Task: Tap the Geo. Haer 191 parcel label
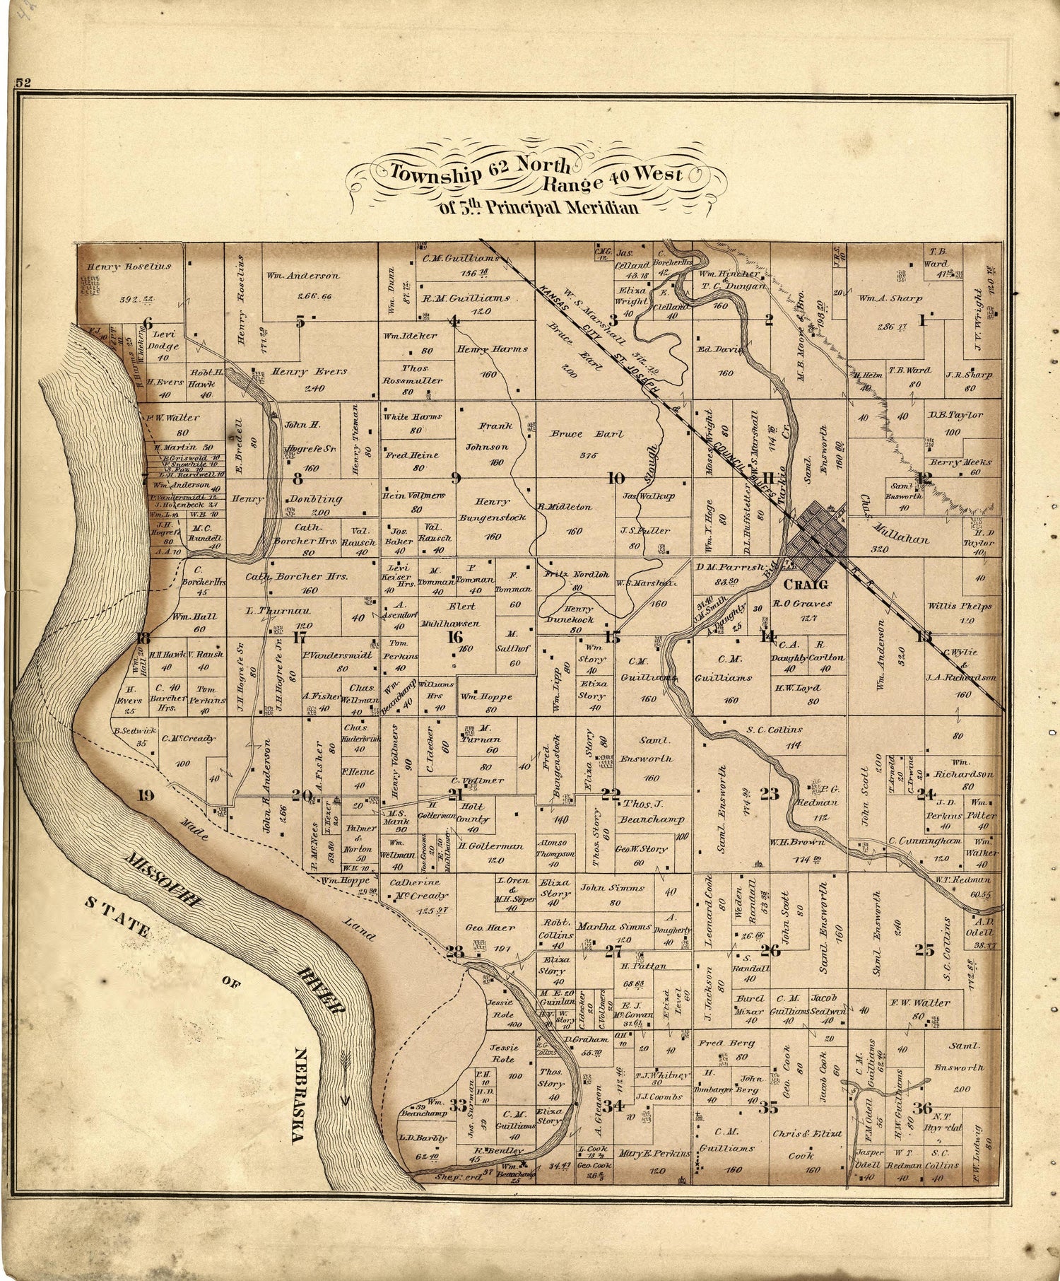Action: (x=488, y=927)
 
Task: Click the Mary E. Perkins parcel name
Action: (x=654, y=1153)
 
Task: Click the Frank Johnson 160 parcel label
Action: (x=495, y=436)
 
